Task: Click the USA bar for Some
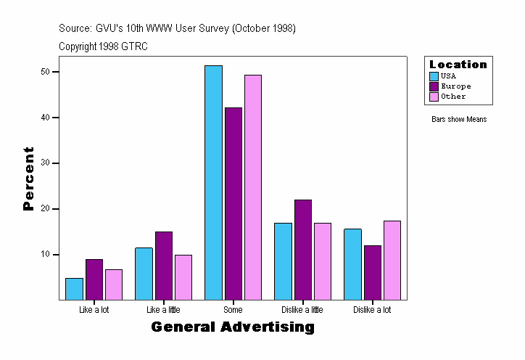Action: [x=213, y=182]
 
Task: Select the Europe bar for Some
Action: [x=233, y=203]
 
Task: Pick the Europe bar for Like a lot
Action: [x=94, y=279]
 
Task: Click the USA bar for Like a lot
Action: [x=74, y=289]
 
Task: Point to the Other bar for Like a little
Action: [x=183, y=277]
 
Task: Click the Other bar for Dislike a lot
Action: [x=392, y=260]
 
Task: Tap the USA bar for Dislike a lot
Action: [x=352, y=264]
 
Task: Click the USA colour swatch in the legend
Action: [x=434, y=76]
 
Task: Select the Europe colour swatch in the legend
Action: [x=434, y=86]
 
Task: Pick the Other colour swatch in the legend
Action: [x=434, y=97]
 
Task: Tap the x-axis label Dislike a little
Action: [x=302, y=310]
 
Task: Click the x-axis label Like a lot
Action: [x=94, y=310]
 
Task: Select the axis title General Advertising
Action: [x=233, y=327]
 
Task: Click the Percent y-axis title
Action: [x=29, y=179]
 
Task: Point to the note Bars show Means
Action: [x=459, y=120]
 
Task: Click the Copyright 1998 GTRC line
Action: [x=104, y=46]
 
